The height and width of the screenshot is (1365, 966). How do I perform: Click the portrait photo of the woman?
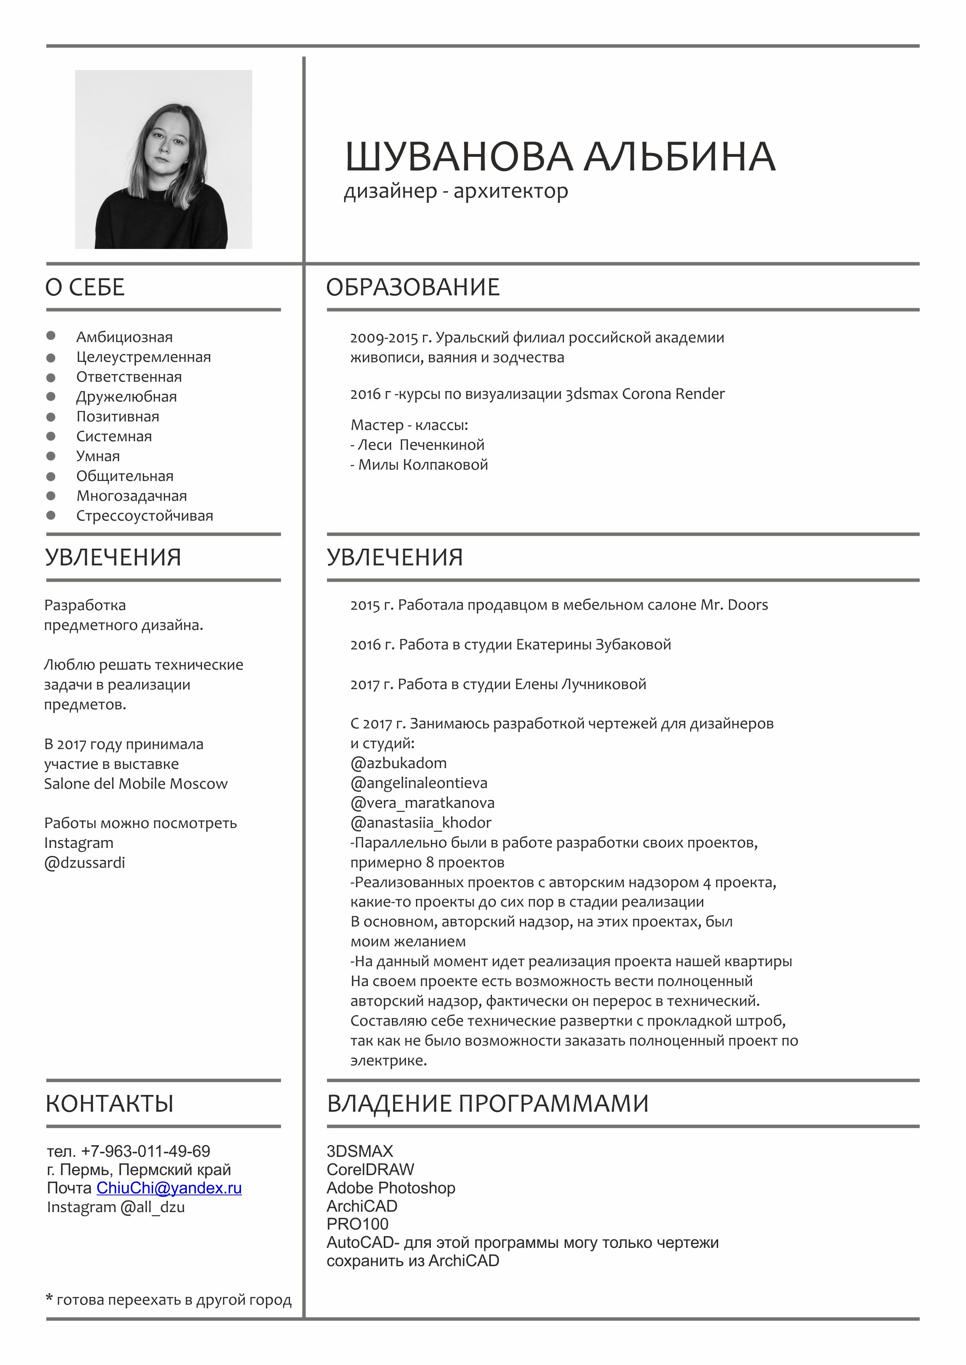(163, 159)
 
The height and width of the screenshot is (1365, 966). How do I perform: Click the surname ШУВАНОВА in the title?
(458, 157)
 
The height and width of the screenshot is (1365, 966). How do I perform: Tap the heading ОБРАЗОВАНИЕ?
(413, 287)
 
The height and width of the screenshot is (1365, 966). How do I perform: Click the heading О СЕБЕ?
(85, 287)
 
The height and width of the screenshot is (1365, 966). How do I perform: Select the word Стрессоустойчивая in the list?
(144, 516)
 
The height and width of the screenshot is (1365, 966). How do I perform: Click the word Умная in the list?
(98, 456)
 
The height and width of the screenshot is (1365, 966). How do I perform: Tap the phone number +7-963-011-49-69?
(146, 1151)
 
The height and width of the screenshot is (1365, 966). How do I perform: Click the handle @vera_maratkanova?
(422, 803)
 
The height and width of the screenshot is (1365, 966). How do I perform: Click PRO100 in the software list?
(358, 1224)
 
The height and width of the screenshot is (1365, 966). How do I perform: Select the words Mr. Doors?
(734, 605)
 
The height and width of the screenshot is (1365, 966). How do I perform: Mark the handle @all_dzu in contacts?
(153, 1207)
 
